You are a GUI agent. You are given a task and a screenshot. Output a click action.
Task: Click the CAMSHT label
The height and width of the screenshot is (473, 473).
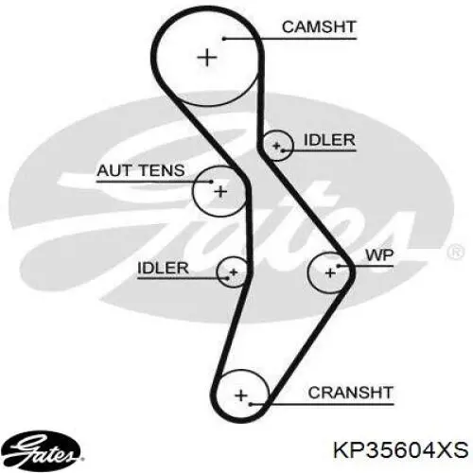point(318,26)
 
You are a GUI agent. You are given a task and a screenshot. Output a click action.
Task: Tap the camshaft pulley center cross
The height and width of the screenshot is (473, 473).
point(207,57)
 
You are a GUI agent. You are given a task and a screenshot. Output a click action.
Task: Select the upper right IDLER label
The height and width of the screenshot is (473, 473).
point(329,141)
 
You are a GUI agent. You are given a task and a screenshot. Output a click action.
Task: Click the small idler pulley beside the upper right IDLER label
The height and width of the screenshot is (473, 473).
point(278,147)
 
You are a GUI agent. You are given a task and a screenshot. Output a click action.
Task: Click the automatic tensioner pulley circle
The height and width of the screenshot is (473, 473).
point(219,192)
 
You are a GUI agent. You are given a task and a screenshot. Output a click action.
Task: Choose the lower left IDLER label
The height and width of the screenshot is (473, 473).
point(165,267)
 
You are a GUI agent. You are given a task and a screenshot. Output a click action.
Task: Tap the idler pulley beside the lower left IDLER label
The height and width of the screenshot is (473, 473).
point(232,272)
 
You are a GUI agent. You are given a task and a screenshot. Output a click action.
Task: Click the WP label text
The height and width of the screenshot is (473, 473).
point(377,255)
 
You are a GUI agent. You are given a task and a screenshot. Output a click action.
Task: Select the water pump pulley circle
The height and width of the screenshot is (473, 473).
point(330,272)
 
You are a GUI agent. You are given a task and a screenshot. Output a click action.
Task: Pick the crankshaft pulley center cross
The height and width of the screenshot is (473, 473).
point(240,394)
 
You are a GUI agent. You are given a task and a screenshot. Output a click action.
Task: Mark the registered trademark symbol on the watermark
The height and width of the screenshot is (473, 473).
point(455,253)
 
